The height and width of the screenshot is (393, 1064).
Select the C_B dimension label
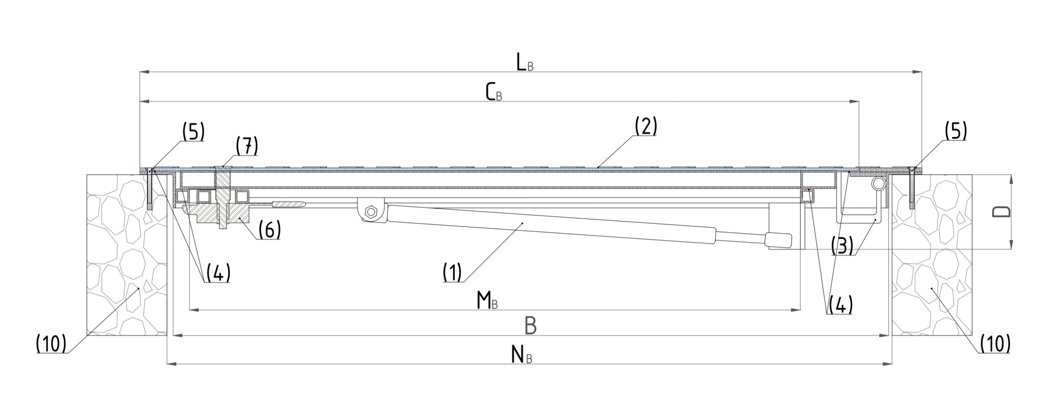(493, 93)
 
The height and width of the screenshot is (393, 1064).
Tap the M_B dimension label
(487, 301)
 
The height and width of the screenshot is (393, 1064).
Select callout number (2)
(646, 126)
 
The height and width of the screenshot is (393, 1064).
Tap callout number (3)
(842, 246)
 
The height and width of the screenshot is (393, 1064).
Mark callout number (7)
(247, 146)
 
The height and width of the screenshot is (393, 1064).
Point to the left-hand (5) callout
(193, 132)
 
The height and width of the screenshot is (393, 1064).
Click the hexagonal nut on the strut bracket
(370, 211)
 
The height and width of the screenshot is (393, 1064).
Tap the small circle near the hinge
(878, 184)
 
